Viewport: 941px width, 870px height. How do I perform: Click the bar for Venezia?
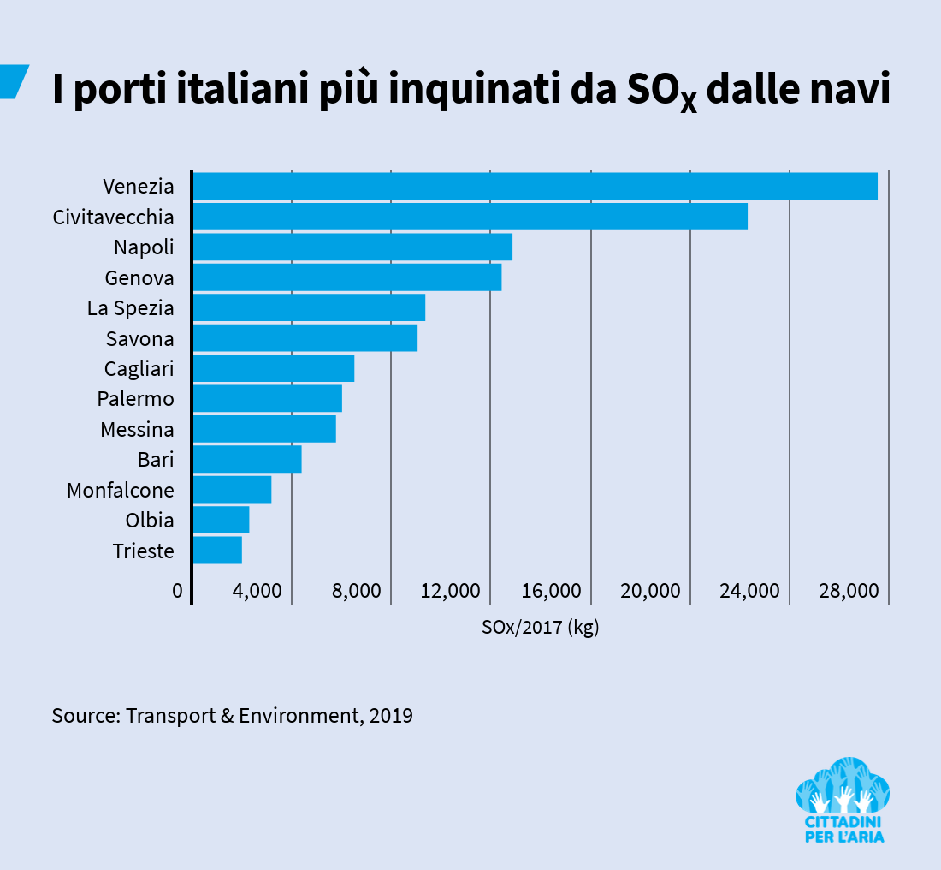click(535, 187)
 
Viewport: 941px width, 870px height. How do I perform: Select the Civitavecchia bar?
click(470, 217)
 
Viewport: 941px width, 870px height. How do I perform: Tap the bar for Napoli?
click(352, 247)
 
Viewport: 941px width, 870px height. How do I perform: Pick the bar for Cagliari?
click(273, 368)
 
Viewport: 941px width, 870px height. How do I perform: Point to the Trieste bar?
click(217, 551)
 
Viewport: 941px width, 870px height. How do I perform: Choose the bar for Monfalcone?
click(232, 490)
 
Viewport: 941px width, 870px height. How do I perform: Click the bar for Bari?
click(247, 460)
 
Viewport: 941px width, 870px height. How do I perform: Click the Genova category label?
click(139, 278)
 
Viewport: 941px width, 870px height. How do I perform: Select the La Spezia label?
click(130, 308)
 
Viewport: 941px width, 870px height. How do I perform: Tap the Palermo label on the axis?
click(135, 399)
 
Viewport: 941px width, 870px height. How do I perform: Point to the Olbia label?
click(149, 521)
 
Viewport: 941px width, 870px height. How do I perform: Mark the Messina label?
click(137, 430)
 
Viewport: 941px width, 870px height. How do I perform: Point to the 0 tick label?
click(177, 592)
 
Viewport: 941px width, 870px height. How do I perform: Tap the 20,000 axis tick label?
click(649, 592)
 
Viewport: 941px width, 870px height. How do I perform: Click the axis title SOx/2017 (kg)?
click(540, 628)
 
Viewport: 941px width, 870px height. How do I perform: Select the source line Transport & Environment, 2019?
click(233, 716)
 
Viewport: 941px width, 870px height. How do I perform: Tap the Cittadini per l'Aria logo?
click(843, 800)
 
